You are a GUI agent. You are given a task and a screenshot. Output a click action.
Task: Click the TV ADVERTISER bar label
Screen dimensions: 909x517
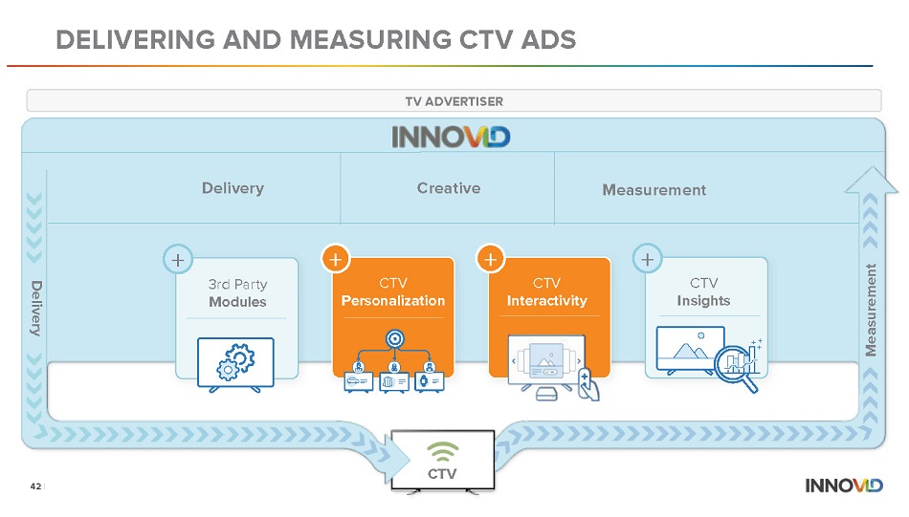click(x=454, y=101)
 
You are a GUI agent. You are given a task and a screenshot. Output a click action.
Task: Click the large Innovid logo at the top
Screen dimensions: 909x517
click(x=451, y=138)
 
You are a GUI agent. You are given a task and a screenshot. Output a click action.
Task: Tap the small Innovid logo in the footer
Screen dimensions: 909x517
click(x=844, y=485)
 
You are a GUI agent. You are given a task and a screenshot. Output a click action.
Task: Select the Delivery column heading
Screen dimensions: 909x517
click(x=233, y=188)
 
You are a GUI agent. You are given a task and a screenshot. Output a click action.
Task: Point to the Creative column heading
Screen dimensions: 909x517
click(x=449, y=188)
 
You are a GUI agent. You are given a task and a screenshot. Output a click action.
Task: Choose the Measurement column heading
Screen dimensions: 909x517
click(x=654, y=190)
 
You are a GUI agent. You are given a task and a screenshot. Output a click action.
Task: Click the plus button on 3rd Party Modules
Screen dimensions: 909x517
click(x=178, y=260)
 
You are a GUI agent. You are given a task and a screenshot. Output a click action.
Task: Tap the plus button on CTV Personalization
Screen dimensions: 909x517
click(x=336, y=259)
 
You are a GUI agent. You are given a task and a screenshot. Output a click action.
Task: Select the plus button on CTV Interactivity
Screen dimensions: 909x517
click(x=491, y=259)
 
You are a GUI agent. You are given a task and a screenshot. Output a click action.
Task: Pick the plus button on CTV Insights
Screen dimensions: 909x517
click(x=648, y=259)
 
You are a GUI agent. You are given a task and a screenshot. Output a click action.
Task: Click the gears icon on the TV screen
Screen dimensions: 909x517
click(x=235, y=362)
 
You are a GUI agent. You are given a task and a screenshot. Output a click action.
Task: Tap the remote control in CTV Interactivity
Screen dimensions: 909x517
click(x=588, y=383)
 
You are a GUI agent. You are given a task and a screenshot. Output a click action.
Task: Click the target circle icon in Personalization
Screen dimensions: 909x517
click(x=395, y=338)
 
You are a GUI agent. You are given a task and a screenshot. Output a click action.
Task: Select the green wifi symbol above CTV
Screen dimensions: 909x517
click(x=442, y=452)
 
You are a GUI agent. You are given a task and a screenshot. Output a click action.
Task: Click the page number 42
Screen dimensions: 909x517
click(x=36, y=486)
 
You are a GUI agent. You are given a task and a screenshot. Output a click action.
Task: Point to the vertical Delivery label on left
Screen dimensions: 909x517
click(x=36, y=309)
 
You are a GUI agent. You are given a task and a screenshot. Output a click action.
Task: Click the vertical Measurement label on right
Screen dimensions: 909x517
click(x=871, y=311)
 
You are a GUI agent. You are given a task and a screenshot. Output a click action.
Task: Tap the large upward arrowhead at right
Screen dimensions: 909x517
click(x=872, y=180)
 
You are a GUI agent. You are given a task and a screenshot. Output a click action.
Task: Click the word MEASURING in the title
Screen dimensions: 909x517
click(x=370, y=40)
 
